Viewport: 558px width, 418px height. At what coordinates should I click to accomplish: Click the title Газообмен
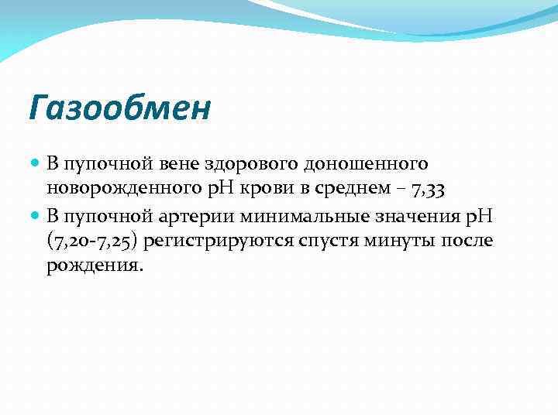pyautogui.click(x=119, y=108)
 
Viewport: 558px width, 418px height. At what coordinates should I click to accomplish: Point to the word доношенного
pyautogui.click(x=365, y=165)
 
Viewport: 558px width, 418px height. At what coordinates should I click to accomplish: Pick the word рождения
pyautogui.click(x=95, y=266)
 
